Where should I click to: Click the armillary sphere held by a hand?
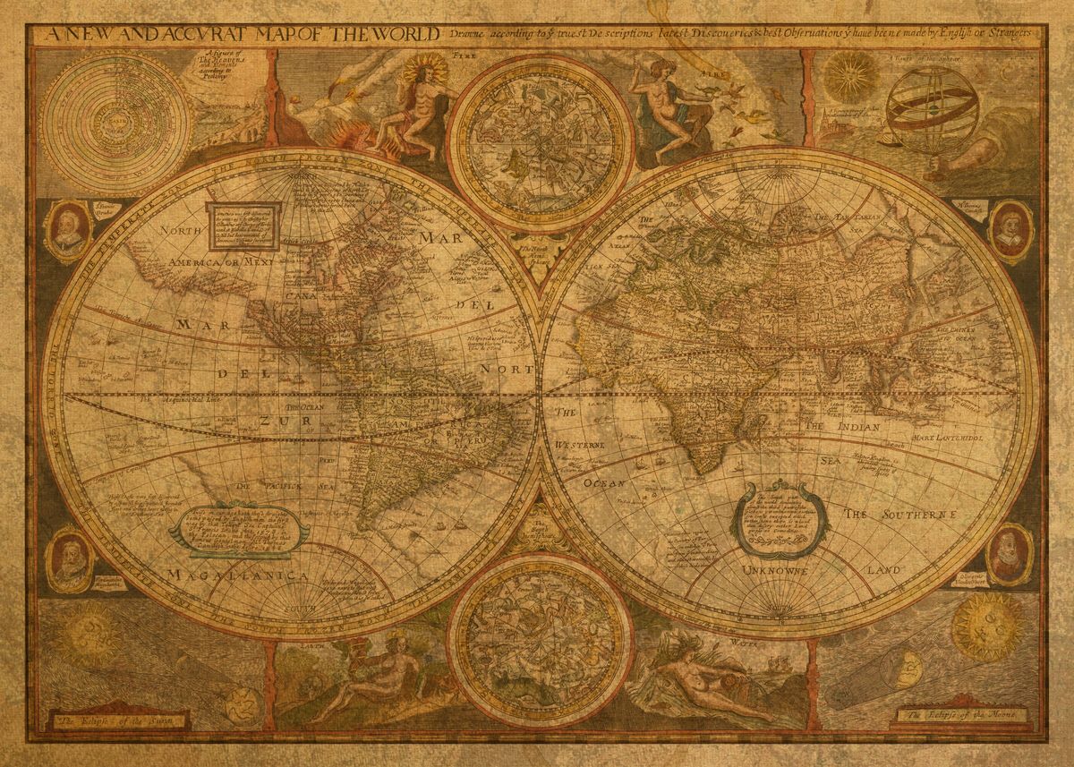point(919,112)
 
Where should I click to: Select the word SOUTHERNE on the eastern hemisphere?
point(919,516)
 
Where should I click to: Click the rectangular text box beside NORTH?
point(243,226)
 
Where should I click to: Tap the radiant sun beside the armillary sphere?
point(849,76)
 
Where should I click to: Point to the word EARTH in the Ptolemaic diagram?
point(117,115)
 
